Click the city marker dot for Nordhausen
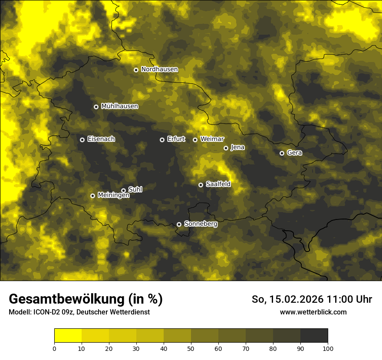click(x=136, y=70)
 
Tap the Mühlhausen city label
click(x=119, y=106)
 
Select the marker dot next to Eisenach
click(x=82, y=140)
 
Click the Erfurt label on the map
click(x=176, y=139)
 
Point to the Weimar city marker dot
click(x=195, y=140)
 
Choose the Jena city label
click(x=237, y=147)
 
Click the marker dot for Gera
click(x=282, y=153)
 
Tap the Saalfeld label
click(x=218, y=184)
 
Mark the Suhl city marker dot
click(x=123, y=190)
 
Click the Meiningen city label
click(x=113, y=196)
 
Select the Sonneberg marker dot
click(x=179, y=224)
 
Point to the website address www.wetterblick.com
click(x=313, y=312)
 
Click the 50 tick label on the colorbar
click(x=191, y=348)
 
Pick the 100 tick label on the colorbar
click(x=328, y=348)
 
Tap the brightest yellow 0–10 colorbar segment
click(x=68, y=336)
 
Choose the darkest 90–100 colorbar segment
click(x=314, y=336)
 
